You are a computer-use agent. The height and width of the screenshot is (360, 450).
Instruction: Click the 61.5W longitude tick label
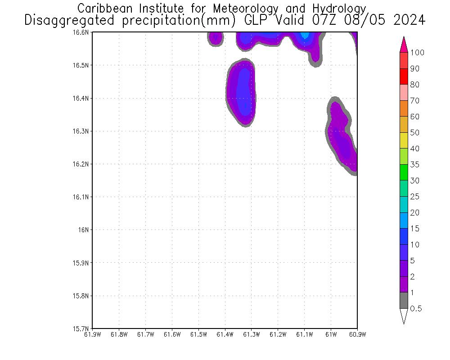[x=198, y=334]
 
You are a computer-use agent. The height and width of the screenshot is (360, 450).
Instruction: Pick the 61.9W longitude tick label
[x=92, y=334]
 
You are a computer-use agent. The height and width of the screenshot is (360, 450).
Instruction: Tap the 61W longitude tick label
[x=331, y=334]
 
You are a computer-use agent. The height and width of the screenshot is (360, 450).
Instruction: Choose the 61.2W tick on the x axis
[x=278, y=334]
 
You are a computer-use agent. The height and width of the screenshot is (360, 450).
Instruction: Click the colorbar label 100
[x=417, y=53]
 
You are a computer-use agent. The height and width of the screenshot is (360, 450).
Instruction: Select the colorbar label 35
[x=415, y=165]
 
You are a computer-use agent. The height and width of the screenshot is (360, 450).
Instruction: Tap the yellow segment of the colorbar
[x=404, y=141]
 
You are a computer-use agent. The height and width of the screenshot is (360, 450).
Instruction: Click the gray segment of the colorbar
[x=404, y=301]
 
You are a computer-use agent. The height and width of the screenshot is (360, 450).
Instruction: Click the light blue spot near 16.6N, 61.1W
[x=305, y=35]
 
